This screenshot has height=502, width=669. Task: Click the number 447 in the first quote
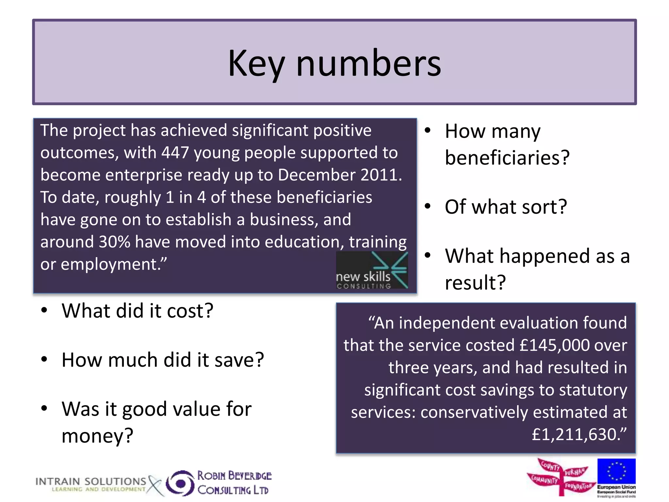pyautogui.click(x=175, y=153)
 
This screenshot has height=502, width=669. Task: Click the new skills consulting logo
pyautogui.click(x=372, y=271)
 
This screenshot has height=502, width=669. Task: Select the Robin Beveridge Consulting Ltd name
pyautogui.click(x=234, y=483)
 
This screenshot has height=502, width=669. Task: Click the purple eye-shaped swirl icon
pyautogui.click(x=180, y=483)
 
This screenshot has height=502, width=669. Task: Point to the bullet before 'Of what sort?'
pyautogui.click(x=428, y=207)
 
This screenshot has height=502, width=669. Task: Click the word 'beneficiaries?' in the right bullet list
pyautogui.click(x=507, y=158)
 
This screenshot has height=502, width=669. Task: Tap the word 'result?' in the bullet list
pyautogui.click(x=475, y=283)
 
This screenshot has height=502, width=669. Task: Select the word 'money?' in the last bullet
pyautogui.click(x=97, y=436)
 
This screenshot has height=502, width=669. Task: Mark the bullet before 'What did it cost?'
pyautogui.click(x=44, y=310)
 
